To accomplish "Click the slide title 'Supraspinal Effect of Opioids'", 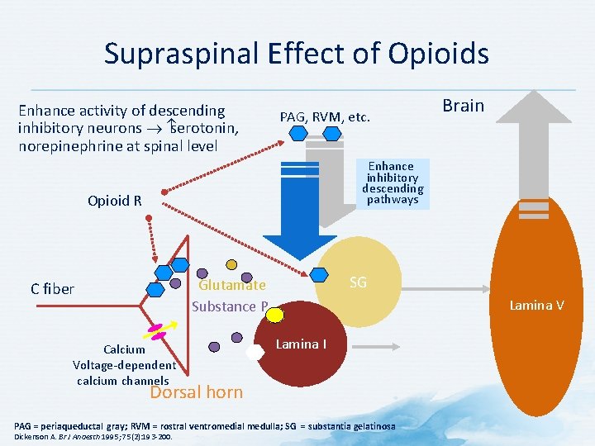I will click(296, 54).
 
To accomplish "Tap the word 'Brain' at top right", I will click(463, 105).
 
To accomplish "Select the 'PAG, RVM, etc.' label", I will click(325, 117).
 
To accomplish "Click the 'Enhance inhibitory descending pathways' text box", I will click(393, 183).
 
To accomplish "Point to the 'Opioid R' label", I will click(115, 201).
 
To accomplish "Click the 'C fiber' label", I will click(52, 289).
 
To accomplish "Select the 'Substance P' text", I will click(229, 306).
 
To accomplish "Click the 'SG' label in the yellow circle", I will click(358, 282).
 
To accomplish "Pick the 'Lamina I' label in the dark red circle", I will click(297, 344).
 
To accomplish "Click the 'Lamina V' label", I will click(536, 306).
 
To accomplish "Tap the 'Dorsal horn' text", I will click(196, 391).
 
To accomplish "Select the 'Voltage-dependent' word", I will click(124, 364).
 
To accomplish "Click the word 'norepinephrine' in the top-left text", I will click(68, 146).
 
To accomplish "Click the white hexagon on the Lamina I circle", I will click(255, 351).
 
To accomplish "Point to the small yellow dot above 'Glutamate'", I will click(232, 265).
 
